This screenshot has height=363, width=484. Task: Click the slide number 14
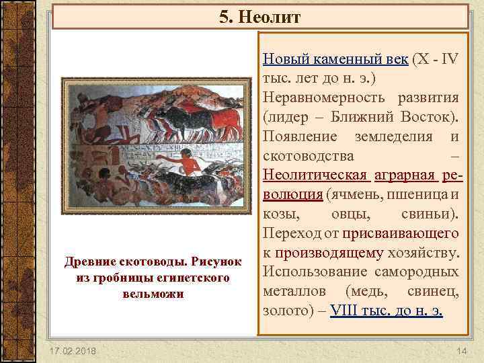461,352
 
